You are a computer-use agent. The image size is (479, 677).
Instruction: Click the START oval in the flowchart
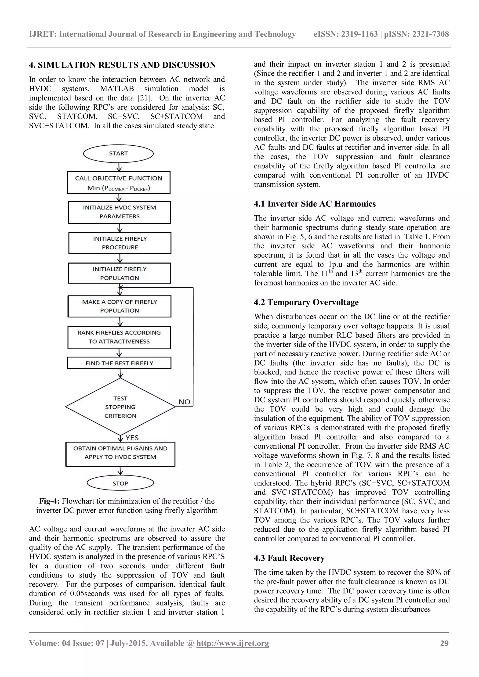[118, 154]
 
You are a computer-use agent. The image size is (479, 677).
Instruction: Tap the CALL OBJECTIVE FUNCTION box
[119, 183]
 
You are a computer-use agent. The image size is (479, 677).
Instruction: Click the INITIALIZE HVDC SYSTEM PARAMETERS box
[120, 212]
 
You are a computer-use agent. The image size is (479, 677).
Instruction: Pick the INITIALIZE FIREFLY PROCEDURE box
[120, 243]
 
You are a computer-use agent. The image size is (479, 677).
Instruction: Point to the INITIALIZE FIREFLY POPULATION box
[120, 273]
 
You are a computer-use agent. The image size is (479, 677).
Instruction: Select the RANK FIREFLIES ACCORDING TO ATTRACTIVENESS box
[119, 337]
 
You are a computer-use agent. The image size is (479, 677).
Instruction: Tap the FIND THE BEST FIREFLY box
[119, 363]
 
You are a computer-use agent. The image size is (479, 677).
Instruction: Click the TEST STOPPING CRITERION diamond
[120, 407]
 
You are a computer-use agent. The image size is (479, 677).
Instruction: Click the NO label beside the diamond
[184, 402]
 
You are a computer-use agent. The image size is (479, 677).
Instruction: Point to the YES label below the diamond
[132, 438]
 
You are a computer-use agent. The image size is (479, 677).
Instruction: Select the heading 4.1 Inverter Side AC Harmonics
[315, 204]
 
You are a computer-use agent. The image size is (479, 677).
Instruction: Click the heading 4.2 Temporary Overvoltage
[306, 302]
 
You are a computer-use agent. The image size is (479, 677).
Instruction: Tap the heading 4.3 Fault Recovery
[289, 558]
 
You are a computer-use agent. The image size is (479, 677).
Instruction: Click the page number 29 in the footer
[444, 643]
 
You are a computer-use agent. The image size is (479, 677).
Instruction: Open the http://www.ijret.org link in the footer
[232, 643]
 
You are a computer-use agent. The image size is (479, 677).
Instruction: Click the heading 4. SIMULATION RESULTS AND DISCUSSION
[122, 65]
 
